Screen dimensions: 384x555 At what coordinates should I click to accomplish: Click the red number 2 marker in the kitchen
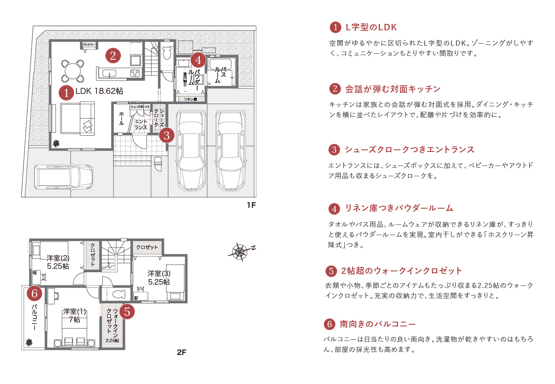[113, 55]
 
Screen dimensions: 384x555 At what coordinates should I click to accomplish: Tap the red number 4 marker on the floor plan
[198, 59]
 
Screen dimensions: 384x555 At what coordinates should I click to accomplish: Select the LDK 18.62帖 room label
[99, 91]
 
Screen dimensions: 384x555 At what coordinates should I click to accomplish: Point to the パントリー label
[89, 44]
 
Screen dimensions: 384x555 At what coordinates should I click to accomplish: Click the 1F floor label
[251, 205]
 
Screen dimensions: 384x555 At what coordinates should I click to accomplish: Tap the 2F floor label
[182, 352]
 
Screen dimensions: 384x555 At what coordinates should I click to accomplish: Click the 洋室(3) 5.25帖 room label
[159, 277]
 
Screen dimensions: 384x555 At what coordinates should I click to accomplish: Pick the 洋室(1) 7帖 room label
[74, 315]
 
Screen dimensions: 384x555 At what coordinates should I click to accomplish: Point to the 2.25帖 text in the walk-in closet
[113, 340]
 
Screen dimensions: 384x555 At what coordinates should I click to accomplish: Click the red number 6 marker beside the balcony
[35, 293]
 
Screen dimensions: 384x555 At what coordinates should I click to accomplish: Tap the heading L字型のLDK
[371, 27]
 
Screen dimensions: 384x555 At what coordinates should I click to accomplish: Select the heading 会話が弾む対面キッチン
[392, 89]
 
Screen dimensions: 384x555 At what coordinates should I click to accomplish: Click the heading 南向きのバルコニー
[377, 324]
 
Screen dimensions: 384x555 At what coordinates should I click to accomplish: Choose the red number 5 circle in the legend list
[331, 271]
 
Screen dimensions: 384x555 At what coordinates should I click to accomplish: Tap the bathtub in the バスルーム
[220, 65]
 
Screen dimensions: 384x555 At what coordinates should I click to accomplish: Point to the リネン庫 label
[190, 99]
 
